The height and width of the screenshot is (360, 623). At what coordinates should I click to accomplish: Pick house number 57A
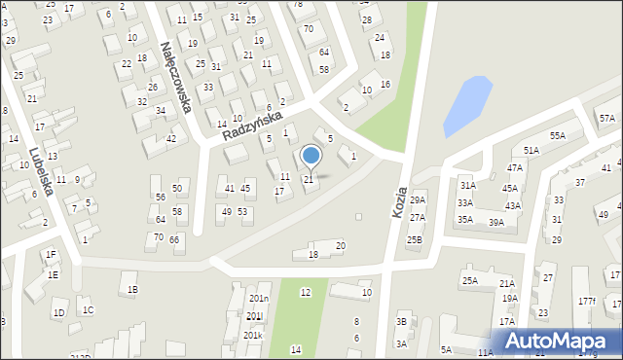point(607,119)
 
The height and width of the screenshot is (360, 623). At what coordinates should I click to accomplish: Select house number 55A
point(557,136)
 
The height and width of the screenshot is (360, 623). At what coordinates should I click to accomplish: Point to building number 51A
point(531,151)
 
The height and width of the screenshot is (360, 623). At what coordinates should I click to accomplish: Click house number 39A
point(496,223)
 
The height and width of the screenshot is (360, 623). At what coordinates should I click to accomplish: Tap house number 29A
point(418,200)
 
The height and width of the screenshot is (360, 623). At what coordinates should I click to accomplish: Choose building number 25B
point(415,239)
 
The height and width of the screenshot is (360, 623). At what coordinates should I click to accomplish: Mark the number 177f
point(586,302)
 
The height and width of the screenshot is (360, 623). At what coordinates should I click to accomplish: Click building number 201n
point(258,299)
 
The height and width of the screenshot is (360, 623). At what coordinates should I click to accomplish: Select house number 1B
point(132,290)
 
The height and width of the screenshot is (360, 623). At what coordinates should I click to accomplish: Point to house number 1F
point(51,255)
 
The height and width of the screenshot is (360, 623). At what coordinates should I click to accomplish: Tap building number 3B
point(401,322)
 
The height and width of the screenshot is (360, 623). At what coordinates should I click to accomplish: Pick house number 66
point(174,239)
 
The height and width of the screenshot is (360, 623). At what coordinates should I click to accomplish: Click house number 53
point(242,212)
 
